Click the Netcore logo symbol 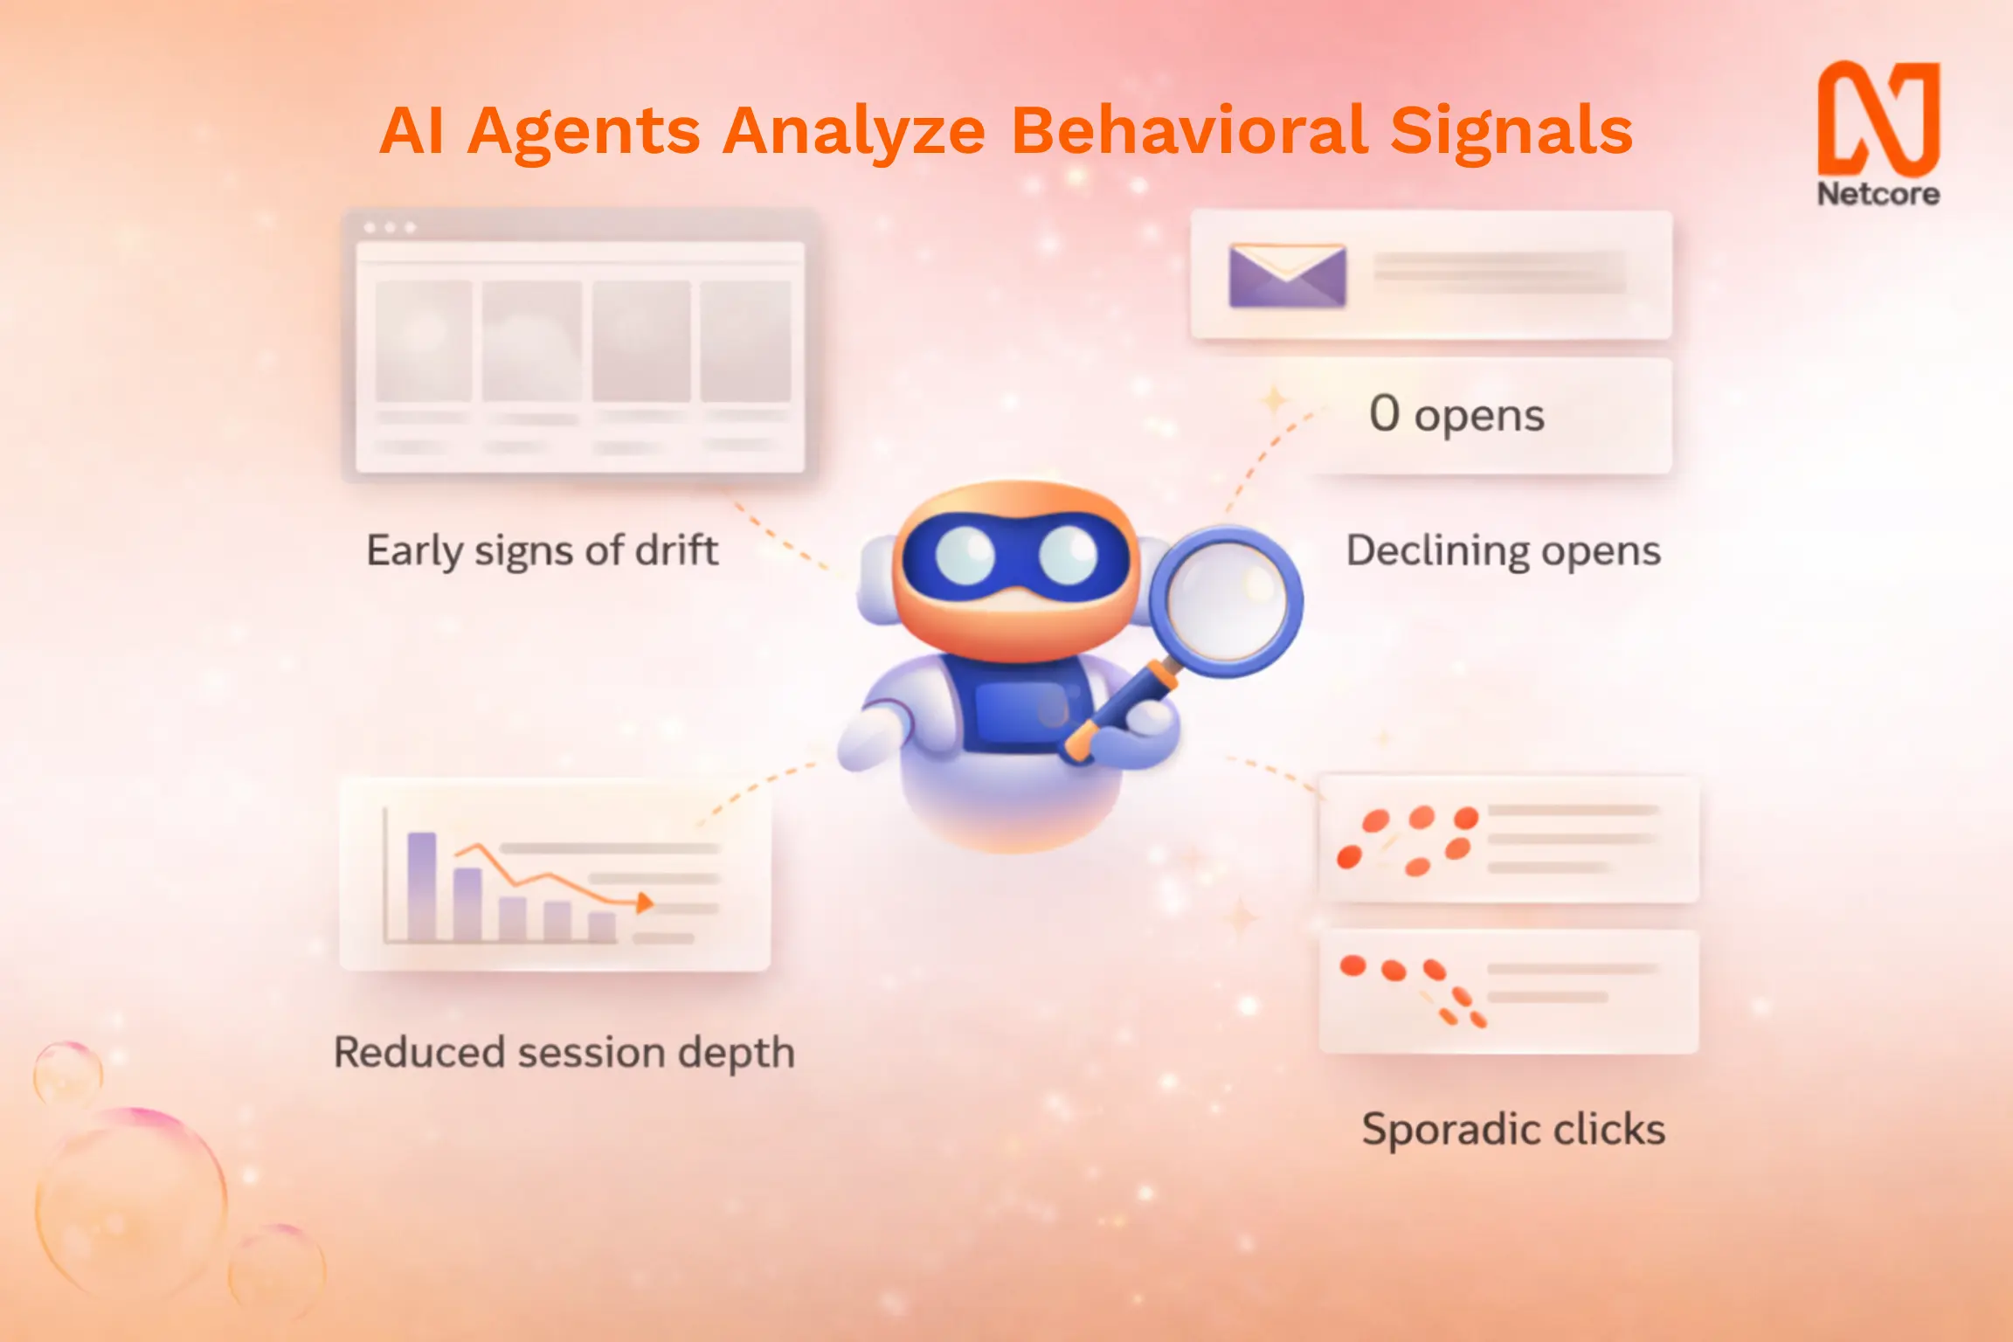tap(1878, 118)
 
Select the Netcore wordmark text tap(1878, 194)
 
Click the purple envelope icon tap(1287, 275)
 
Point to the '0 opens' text tap(1456, 414)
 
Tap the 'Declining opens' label tap(1503, 551)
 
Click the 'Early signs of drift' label tap(542, 551)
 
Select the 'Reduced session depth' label tap(564, 1053)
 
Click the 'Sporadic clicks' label tap(1513, 1129)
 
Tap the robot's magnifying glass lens tap(1226, 600)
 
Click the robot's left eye tap(965, 556)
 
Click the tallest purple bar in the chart tap(422, 886)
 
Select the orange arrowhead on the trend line tap(645, 903)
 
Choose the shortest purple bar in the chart tap(602, 927)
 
